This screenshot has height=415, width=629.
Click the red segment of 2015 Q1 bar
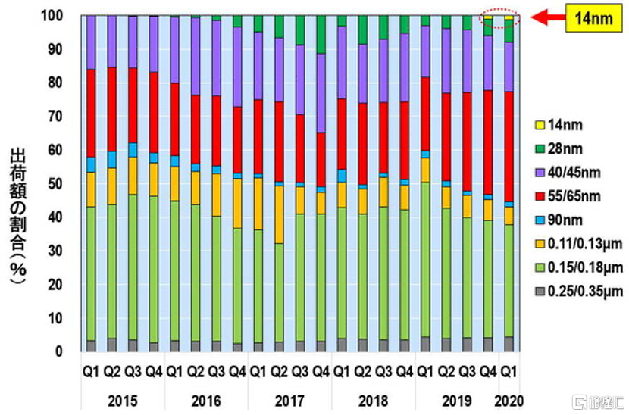click(91, 114)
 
